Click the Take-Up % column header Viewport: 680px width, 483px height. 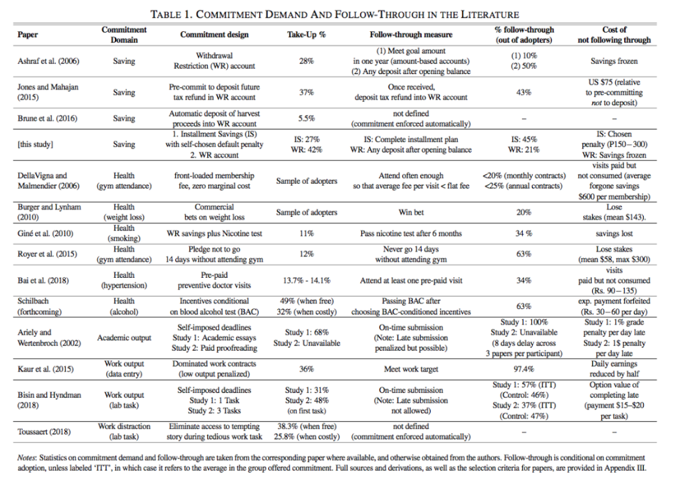[306, 34]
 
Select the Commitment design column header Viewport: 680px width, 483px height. [214, 34]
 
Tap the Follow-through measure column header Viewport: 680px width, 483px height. [410, 34]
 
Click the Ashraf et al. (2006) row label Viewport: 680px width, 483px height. [48, 61]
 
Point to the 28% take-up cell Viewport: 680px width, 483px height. [306, 61]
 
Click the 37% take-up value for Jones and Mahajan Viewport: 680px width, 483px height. [306, 92]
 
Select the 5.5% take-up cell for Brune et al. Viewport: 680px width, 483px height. [306, 118]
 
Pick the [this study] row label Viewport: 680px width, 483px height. [35, 144]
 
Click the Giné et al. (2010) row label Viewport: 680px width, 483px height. [45, 233]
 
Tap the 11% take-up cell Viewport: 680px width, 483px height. [306, 233]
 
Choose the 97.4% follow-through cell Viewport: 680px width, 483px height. [524, 369]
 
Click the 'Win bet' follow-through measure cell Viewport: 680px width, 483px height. [410, 212]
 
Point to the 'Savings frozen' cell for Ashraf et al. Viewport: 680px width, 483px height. [614, 61]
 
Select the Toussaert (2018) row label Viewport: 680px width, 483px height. [44, 432]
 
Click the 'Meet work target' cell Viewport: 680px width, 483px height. [410, 369]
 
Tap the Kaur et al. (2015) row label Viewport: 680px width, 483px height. [45, 369]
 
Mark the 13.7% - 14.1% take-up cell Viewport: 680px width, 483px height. [306, 280]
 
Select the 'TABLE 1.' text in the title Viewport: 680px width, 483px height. [171, 14]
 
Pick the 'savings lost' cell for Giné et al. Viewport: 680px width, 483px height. [614, 233]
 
